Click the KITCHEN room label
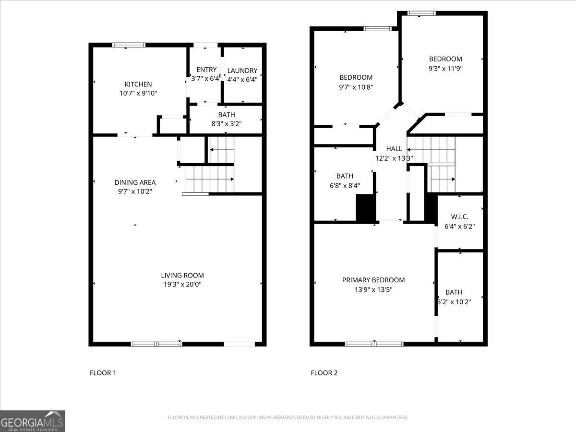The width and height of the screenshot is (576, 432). click(138, 84)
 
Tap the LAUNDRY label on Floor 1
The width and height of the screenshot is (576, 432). click(242, 71)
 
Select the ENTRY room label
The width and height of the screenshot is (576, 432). click(206, 70)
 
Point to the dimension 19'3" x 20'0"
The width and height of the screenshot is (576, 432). click(182, 284)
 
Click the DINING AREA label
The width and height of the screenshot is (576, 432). click(135, 182)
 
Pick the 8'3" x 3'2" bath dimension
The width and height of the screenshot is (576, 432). click(226, 123)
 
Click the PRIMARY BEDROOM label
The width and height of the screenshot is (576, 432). click(373, 280)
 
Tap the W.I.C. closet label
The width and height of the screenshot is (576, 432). click(459, 217)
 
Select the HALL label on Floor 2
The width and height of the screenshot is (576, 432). click(394, 149)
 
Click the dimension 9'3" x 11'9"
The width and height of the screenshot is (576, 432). click(445, 68)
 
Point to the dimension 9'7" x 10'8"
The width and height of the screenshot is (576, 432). click(356, 87)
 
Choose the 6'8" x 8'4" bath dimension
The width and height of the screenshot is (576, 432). click(345, 185)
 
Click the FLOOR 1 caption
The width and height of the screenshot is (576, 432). click(103, 372)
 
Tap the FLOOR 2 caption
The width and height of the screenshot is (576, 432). click(324, 372)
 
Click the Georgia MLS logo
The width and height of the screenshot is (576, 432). click(32, 421)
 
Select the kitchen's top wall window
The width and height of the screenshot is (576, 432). click(129, 45)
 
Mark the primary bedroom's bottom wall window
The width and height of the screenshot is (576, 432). click(374, 344)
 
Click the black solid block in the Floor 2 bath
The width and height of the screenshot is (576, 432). click(365, 208)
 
